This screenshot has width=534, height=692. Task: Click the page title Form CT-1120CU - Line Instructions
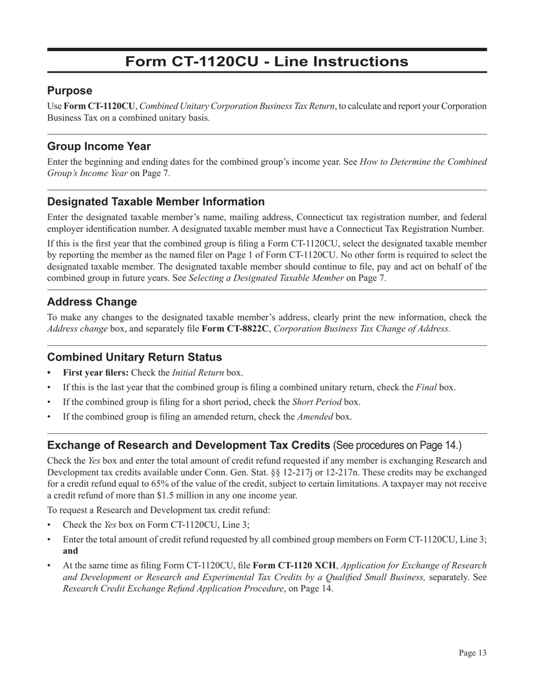(x=266, y=61)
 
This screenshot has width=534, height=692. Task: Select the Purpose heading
(x=70, y=91)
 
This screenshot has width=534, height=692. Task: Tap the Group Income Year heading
(x=99, y=146)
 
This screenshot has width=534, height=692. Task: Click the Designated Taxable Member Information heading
(x=156, y=201)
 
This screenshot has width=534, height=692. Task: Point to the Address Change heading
(x=92, y=302)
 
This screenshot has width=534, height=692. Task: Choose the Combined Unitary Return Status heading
(x=134, y=357)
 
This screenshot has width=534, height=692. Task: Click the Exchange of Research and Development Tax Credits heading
(x=189, y=445)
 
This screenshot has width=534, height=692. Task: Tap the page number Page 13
(x=472, y=653)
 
